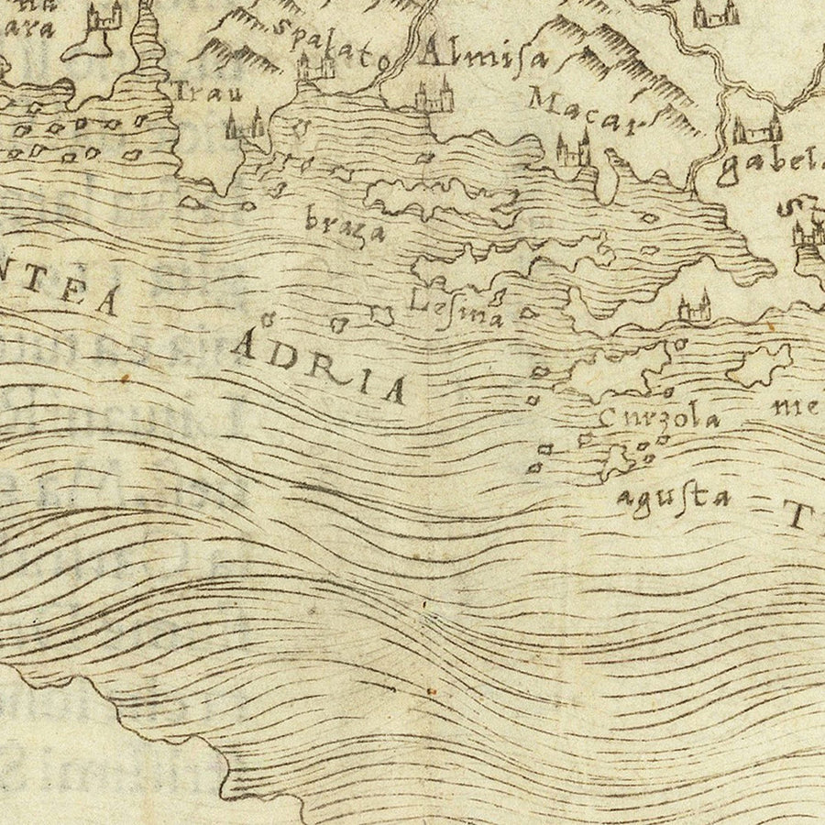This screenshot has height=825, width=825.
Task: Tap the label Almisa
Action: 482,57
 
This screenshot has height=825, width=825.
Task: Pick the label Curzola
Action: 656,417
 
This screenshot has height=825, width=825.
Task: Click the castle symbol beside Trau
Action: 246,126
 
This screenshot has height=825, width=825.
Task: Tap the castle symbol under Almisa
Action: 433,97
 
